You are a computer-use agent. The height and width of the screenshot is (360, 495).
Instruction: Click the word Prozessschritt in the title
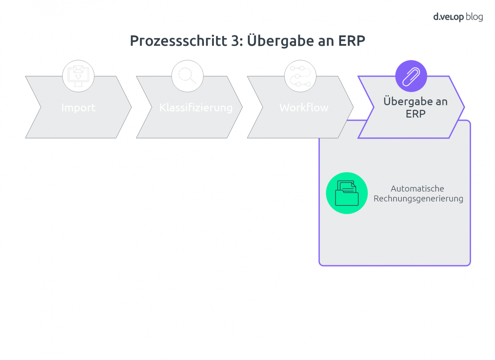pos(178,41)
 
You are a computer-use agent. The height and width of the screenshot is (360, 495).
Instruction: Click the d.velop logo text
pos(448,17)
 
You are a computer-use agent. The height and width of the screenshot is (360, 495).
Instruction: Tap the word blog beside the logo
pos(475,17)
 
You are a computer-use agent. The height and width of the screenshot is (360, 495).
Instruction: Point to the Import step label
pos(78,108)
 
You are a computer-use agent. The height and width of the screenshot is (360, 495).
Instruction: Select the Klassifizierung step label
pos(196,108)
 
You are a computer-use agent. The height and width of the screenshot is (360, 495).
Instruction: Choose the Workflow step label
pos(304,108)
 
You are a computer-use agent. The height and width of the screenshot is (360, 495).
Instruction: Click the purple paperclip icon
pos(411,76)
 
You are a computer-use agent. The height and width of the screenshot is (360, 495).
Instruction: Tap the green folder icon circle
pos(346,193)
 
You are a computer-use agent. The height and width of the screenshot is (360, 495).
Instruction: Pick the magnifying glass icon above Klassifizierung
pos(187,76)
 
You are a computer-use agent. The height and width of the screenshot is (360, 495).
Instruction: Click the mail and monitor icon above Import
pos(78,76)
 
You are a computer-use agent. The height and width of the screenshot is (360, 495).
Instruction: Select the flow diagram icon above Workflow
pos(300,76)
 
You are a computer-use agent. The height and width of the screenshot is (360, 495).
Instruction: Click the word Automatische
pos(417,189)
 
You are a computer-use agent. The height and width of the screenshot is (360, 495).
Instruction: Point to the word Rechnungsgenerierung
pos(418,199)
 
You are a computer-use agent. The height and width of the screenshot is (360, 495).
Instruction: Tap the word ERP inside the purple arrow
pos(416,114)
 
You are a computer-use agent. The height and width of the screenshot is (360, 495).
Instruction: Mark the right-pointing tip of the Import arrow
pos(131,107)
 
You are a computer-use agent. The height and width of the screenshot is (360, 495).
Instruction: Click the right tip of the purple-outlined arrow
pos(464,107)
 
